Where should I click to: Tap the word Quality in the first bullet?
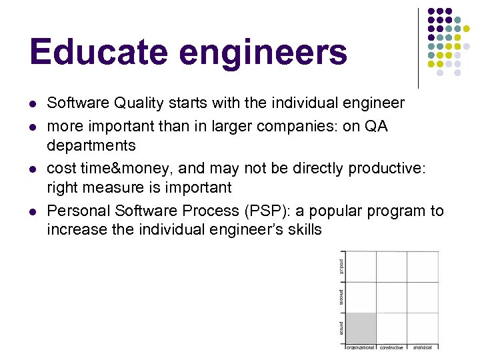(x=137, y=103)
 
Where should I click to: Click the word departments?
(x=91, y=145)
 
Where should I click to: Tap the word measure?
(x=109, y=187)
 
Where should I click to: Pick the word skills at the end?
(x=303, y=230)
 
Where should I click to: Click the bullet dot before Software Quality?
(x=33, y=104)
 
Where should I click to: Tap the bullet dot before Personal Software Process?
(x=33, y=212)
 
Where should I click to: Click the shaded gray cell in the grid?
(x=361, y=329)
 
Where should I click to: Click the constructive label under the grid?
(x=391, y=347)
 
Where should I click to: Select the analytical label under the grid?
(x=422, y=347)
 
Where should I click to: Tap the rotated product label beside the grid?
(x=341, y=266)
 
